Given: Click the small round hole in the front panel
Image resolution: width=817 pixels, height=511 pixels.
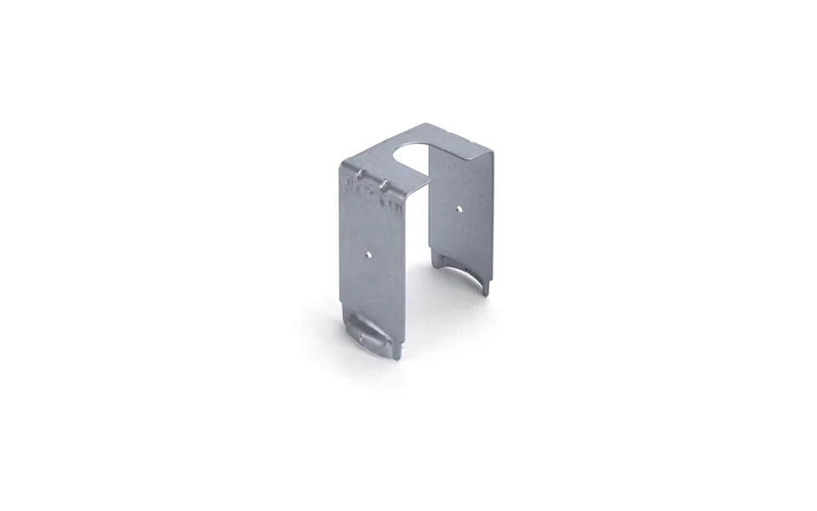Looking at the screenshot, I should [368, 253].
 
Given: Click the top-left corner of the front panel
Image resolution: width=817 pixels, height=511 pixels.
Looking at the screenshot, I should [342, 161].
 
